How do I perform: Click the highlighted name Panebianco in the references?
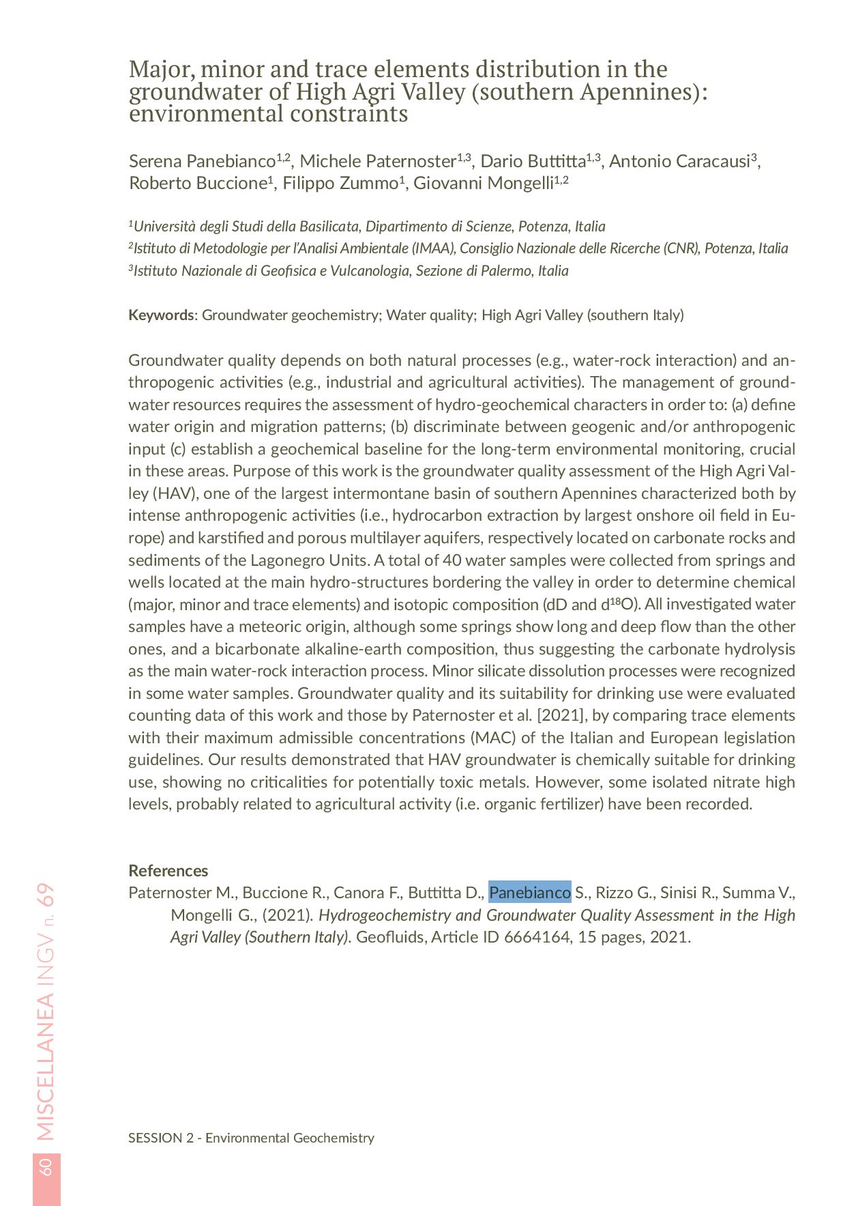(x=529, y=892)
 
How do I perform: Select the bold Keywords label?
(x=161, y=315)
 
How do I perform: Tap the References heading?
(x=168, y=870)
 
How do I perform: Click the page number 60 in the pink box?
(x=46, y=1166)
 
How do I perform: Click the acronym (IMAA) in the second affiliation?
(x=432, y=248)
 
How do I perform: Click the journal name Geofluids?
(x=389, y=936)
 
